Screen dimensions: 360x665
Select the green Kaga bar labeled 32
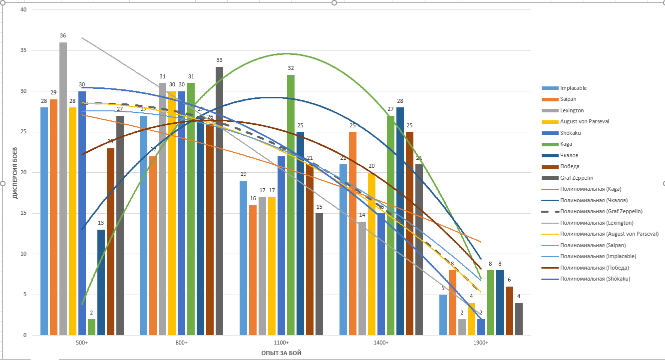click(x=291, y=205)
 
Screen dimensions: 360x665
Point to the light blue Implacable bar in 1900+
click(x=443, y=315)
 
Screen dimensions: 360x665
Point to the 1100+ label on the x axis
click(x=281, y=343)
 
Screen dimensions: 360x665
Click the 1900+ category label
click(x=481, y=343)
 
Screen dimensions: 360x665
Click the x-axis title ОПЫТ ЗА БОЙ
click(x=281, y=353)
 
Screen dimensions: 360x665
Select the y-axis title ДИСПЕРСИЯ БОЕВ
click(x=15, y=173)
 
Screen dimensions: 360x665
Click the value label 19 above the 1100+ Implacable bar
click(x=243, y=174)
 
